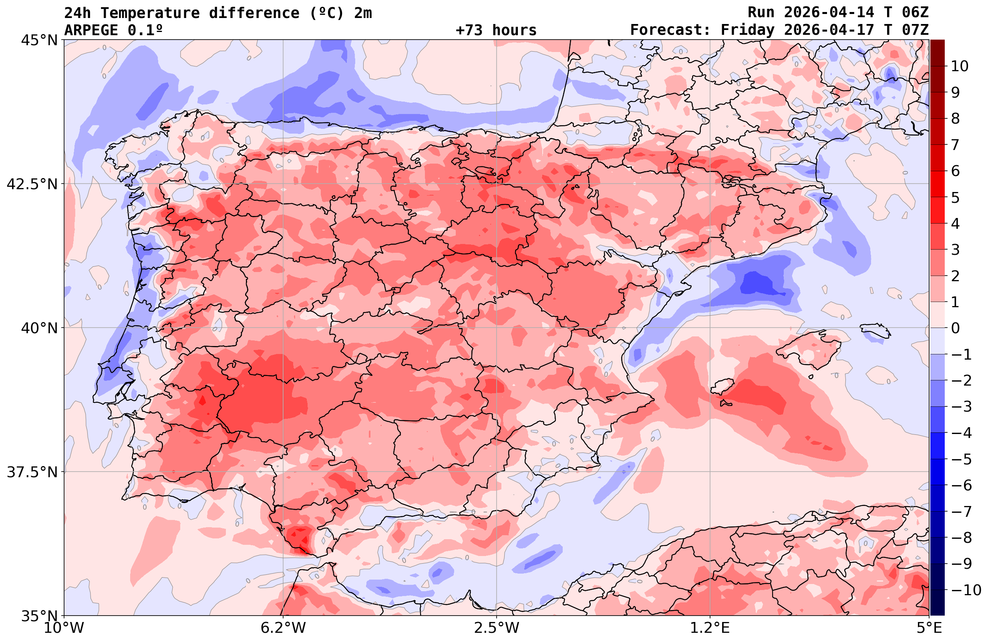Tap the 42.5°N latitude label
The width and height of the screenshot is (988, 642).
[32, 184]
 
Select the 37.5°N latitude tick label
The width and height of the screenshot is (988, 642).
[32, 472]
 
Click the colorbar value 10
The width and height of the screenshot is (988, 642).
[959, 66]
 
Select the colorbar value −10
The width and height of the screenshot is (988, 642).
[966, 590]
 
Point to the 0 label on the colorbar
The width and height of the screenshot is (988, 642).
[955, 328]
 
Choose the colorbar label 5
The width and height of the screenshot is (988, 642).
[955, 198]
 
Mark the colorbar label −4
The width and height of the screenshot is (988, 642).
[961, 433]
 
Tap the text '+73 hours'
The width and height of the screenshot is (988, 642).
[496, 30]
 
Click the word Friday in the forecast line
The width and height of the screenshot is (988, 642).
[748, 30]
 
